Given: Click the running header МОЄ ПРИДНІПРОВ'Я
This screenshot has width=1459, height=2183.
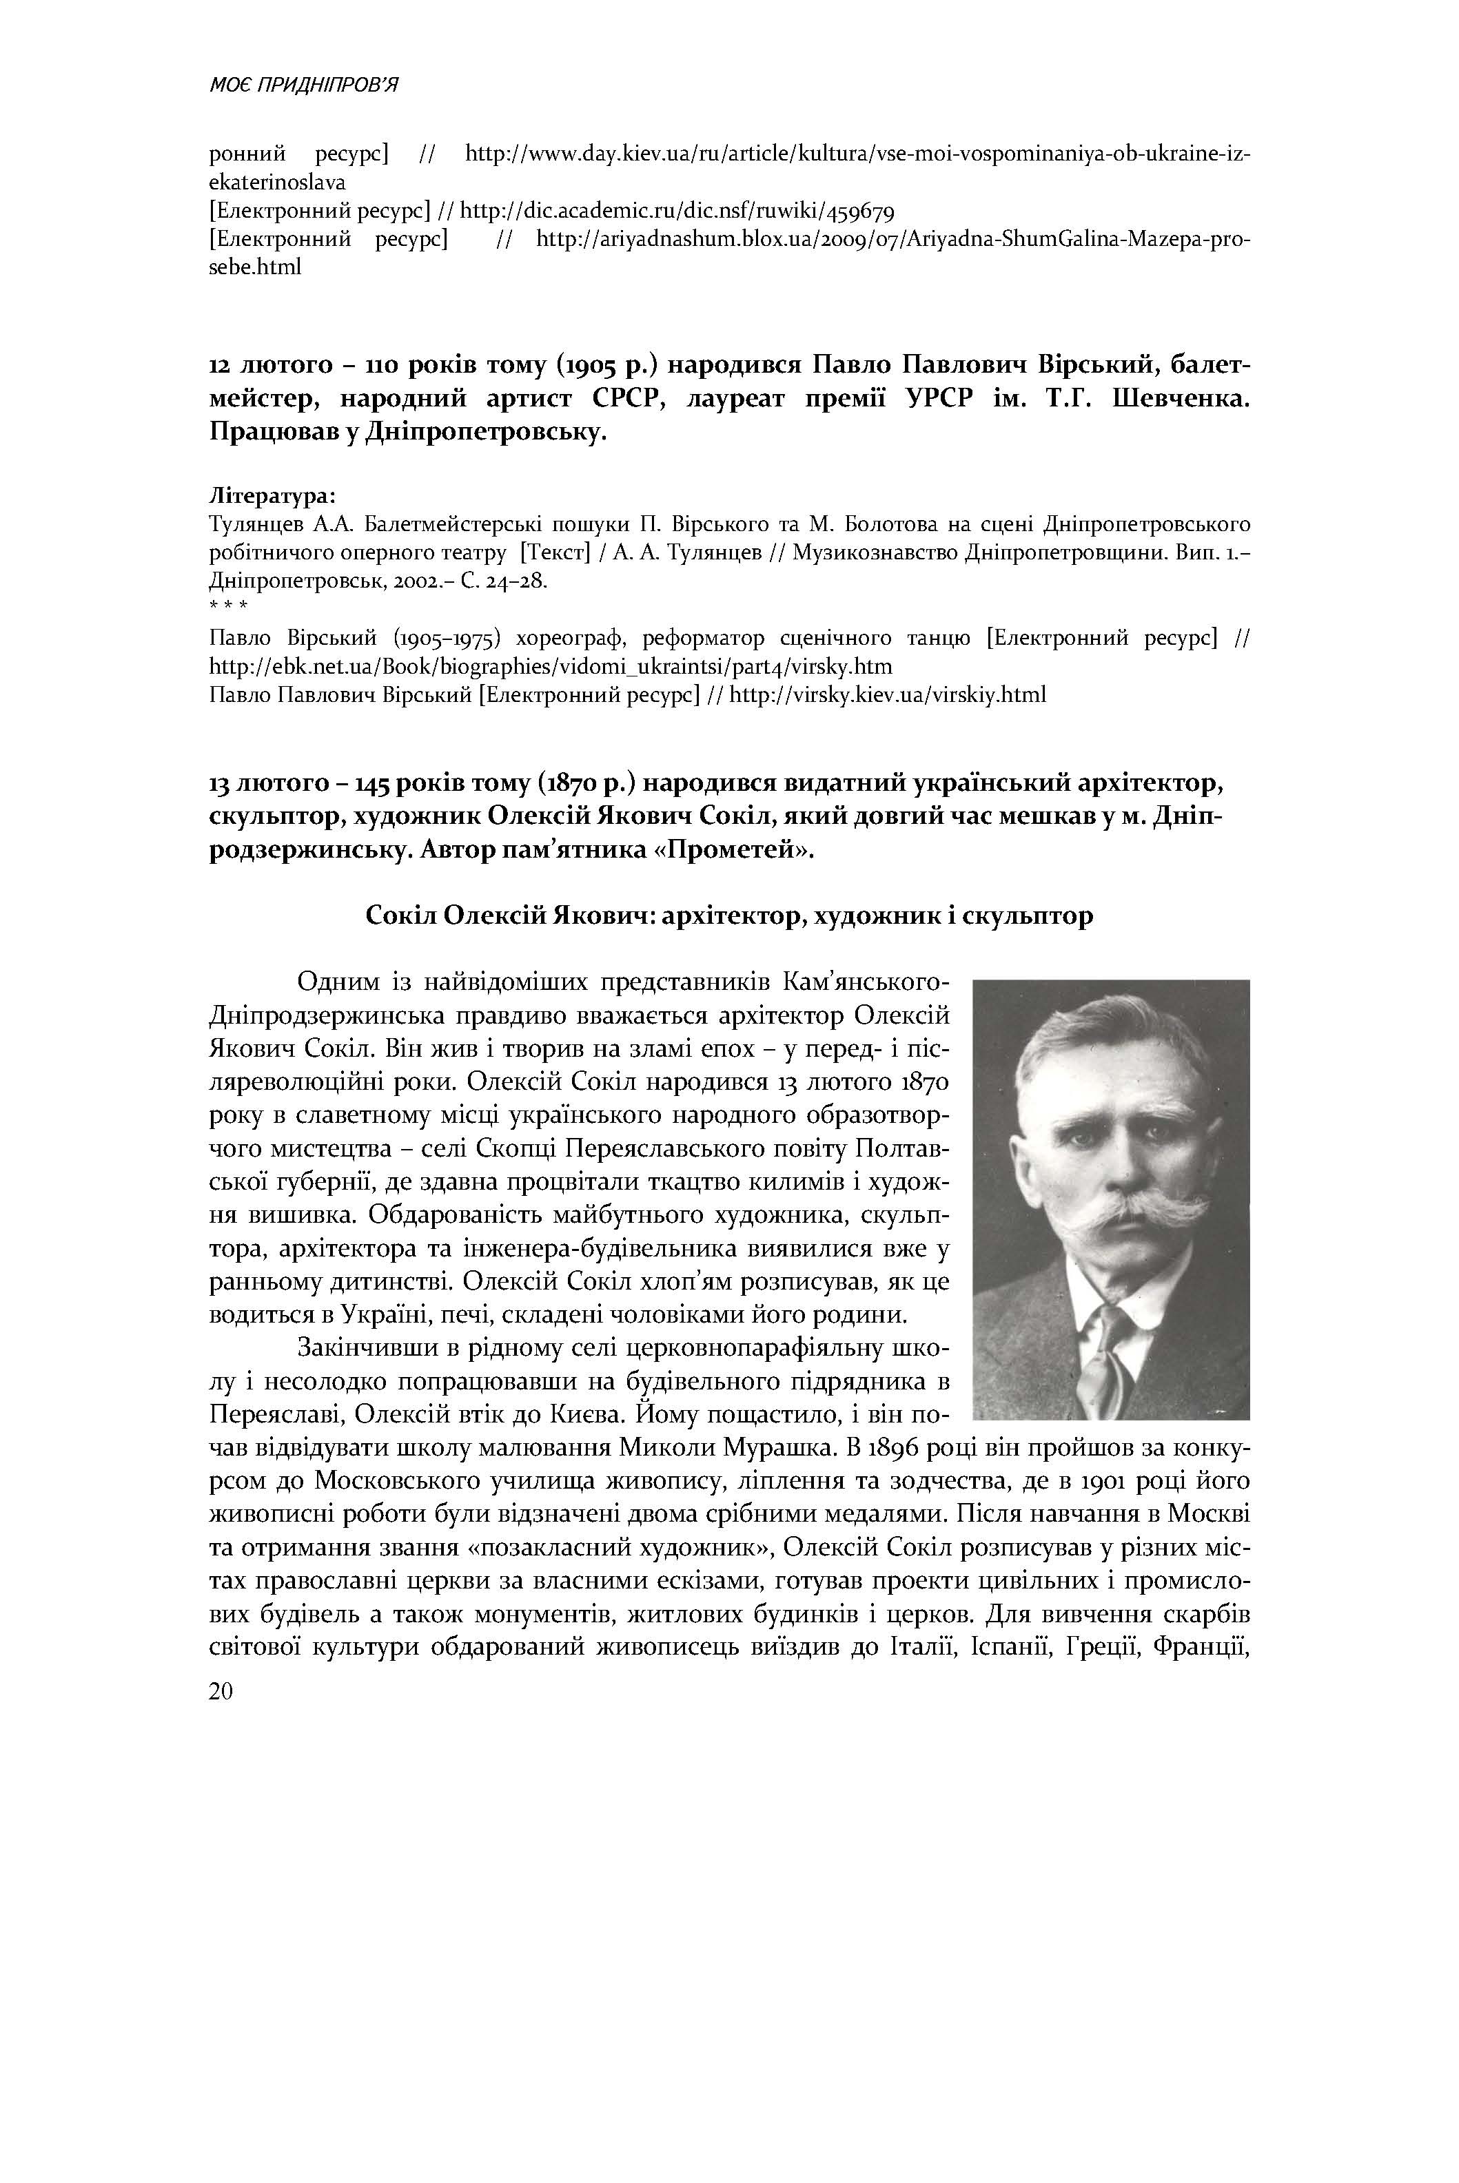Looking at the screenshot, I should (x=303, y=85).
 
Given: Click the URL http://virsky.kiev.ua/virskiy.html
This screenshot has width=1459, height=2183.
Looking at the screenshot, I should (x=888, y=695).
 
